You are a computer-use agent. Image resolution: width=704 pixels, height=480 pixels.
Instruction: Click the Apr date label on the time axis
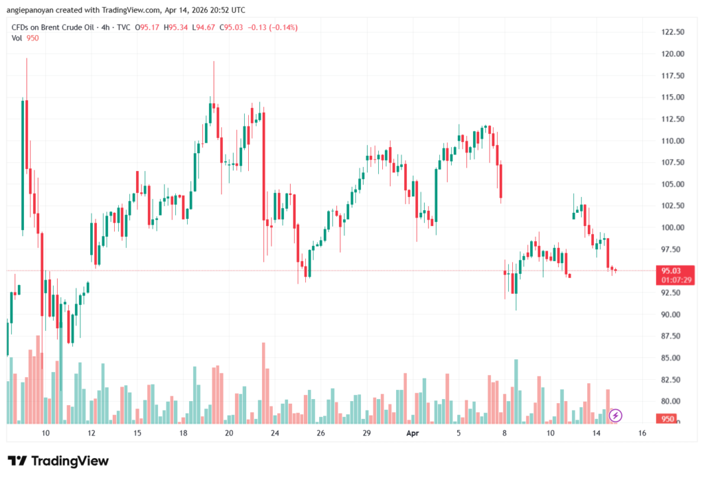pos(412,433)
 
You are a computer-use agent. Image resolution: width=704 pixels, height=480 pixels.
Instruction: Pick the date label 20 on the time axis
pos(229,433)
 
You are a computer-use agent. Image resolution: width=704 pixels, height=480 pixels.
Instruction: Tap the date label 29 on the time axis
pos(366,433)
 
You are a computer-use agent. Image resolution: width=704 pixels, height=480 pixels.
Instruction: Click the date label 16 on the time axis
pos(642,433)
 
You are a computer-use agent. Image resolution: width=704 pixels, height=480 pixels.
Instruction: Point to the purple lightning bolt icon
pos(616,415)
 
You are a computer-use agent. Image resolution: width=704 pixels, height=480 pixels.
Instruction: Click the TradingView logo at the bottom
pos(58,461)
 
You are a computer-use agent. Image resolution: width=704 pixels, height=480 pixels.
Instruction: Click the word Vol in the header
pos(17,38)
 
